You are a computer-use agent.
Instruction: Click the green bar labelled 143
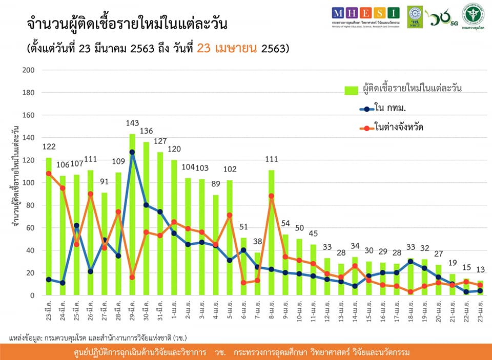coord(132,215)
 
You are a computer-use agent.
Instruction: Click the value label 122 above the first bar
coord(49,147)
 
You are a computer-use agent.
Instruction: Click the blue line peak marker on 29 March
coord(132,152)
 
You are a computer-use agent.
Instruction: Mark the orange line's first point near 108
coord(49,174)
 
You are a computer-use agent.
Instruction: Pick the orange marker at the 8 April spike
coord(271,196)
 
